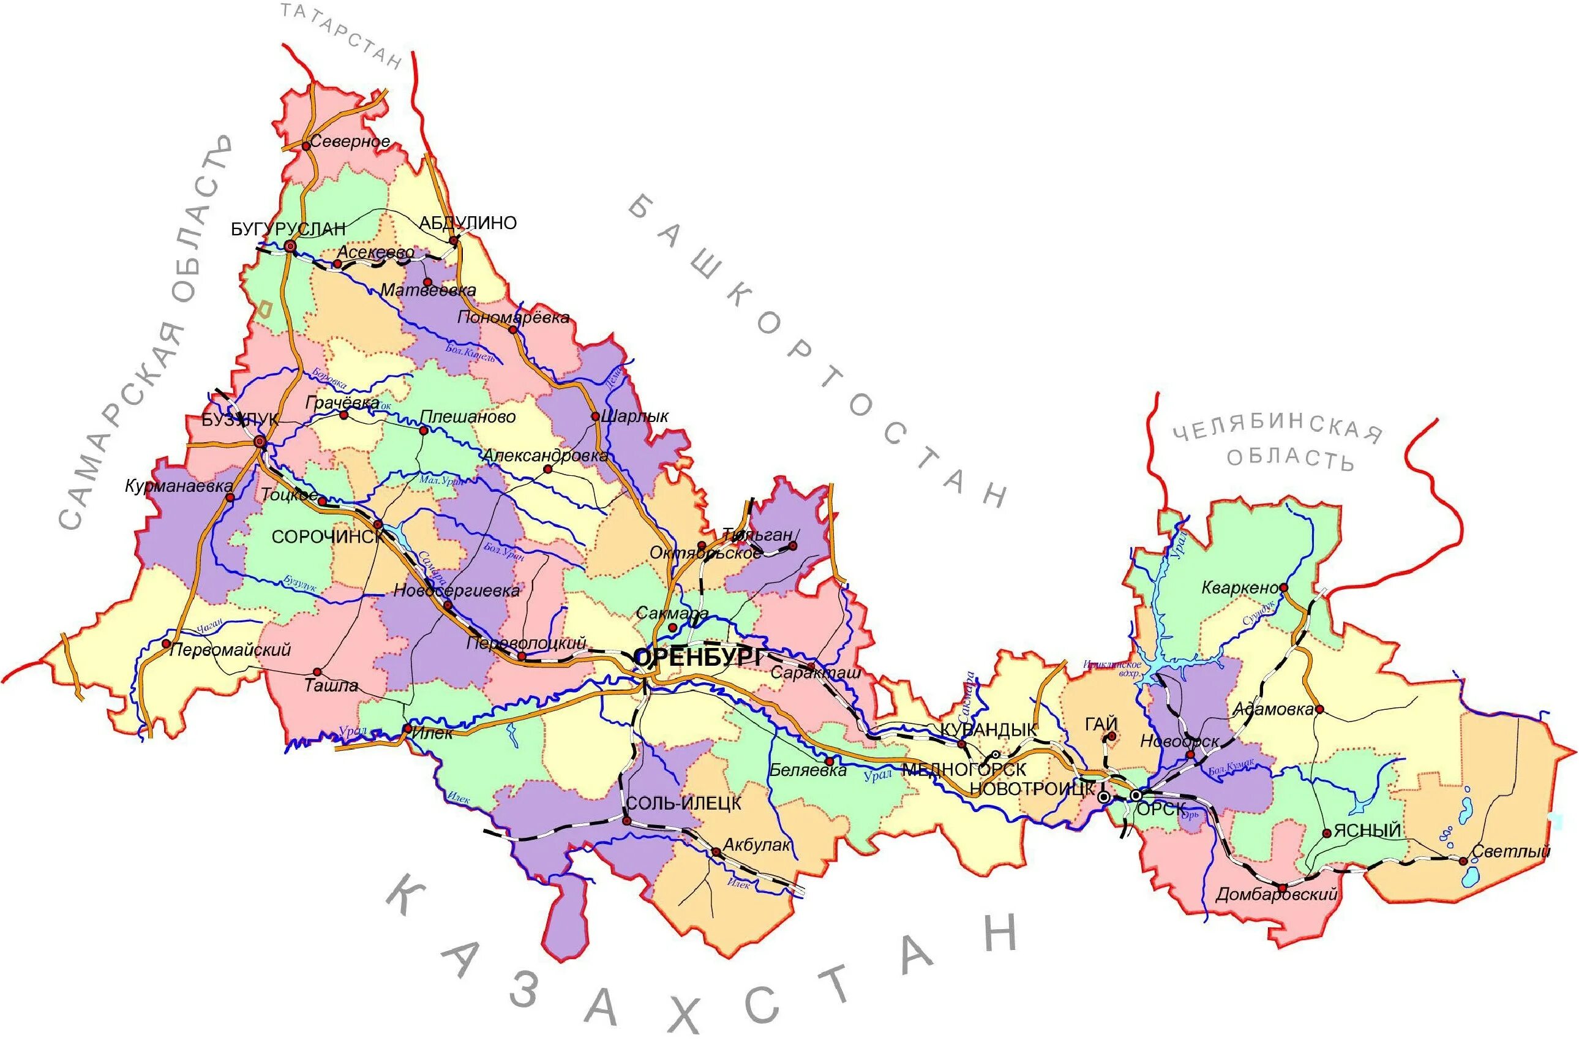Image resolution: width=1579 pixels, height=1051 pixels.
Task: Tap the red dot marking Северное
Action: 306,145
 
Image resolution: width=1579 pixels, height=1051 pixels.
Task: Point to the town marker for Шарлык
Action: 595,416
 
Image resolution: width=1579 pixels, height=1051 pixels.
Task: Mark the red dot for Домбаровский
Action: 1281,889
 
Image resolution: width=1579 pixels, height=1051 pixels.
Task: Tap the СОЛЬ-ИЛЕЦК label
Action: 683,803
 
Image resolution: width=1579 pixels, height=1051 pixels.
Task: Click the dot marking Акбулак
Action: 716,852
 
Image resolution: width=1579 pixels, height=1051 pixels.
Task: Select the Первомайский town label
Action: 230,649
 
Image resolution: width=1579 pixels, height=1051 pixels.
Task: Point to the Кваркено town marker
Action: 1283,588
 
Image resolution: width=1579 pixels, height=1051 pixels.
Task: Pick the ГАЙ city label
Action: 1102,725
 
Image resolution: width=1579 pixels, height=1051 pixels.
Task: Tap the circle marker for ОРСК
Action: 1136,795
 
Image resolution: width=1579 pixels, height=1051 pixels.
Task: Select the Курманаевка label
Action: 179,486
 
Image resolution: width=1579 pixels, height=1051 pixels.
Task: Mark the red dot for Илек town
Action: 407,729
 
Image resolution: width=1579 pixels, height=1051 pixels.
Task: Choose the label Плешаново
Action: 468,417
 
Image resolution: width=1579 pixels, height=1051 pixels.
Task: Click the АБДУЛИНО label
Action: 468,223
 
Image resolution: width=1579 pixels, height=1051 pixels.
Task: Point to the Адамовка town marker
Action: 1319,709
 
